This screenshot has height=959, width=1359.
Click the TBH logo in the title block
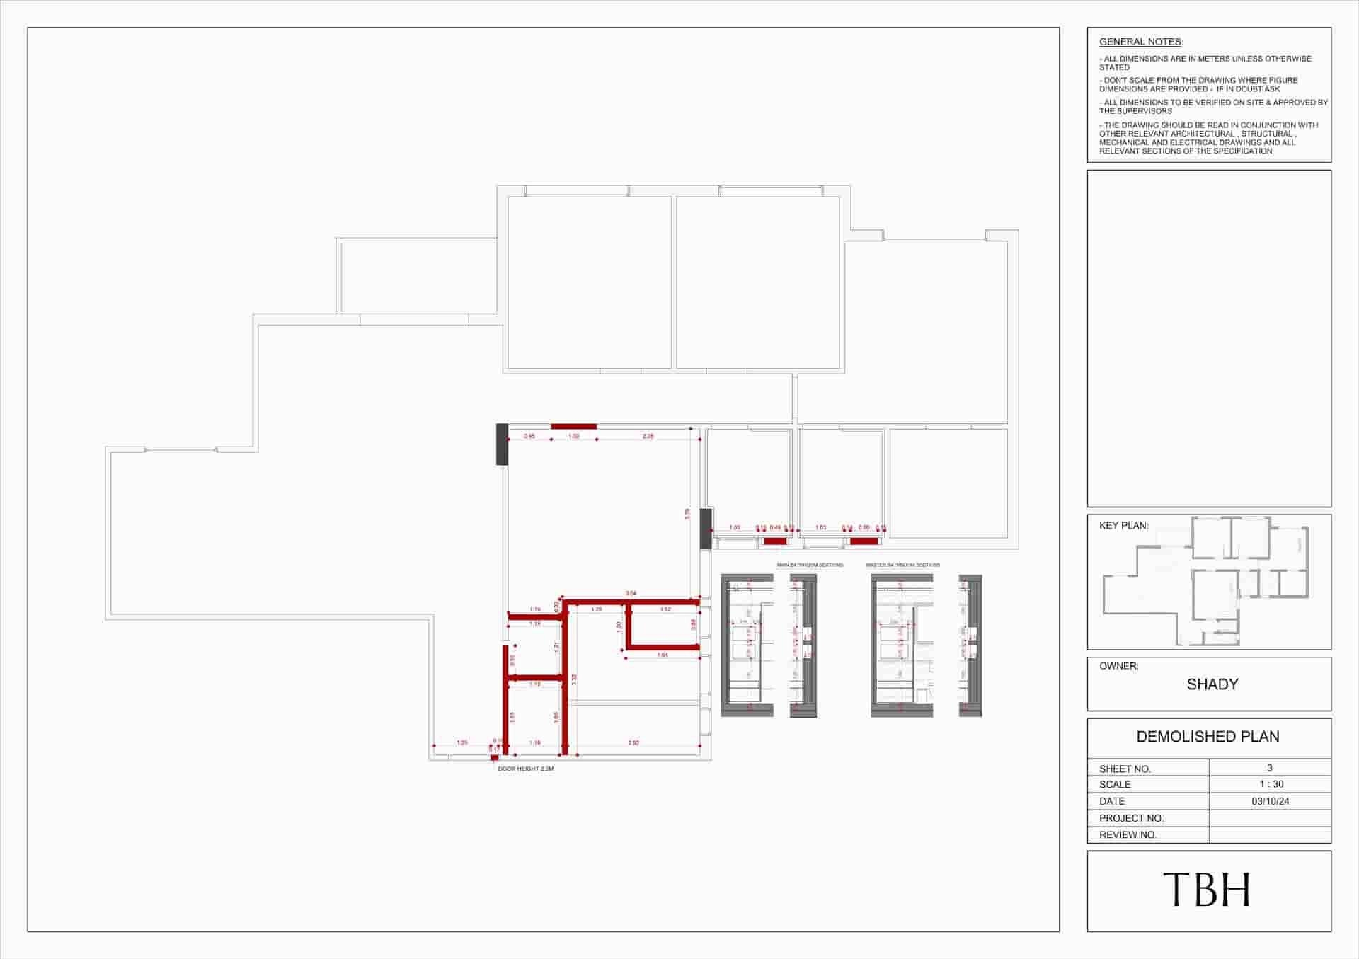pos(1208,890)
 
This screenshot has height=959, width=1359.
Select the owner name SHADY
pos(1212,684)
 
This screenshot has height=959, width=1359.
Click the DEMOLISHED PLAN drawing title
pos(1208,736)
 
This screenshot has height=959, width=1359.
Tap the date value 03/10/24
pos(1270,801)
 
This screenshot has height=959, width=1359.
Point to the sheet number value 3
pos(1270,768)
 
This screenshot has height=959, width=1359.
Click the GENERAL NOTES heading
pos(1140,42)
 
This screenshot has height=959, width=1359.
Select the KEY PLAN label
pos(1123,526)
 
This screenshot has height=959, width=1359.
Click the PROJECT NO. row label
pos(1131,818)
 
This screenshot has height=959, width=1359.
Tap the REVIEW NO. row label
pos(1128,835)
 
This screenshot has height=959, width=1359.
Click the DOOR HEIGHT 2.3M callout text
pos(525,769)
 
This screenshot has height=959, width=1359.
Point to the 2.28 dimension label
pos(648,437)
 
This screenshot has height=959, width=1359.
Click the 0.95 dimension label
pos(529,437)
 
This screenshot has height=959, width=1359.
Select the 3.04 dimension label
pos(631,593)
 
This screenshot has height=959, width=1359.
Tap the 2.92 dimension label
pos(633,743)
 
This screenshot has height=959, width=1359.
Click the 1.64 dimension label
pos(663,655)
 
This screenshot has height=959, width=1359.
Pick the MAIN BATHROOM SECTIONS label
pos(810,565)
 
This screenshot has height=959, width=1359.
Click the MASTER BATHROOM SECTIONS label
pos(902,565)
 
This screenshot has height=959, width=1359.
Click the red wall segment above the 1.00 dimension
pos(573,427)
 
